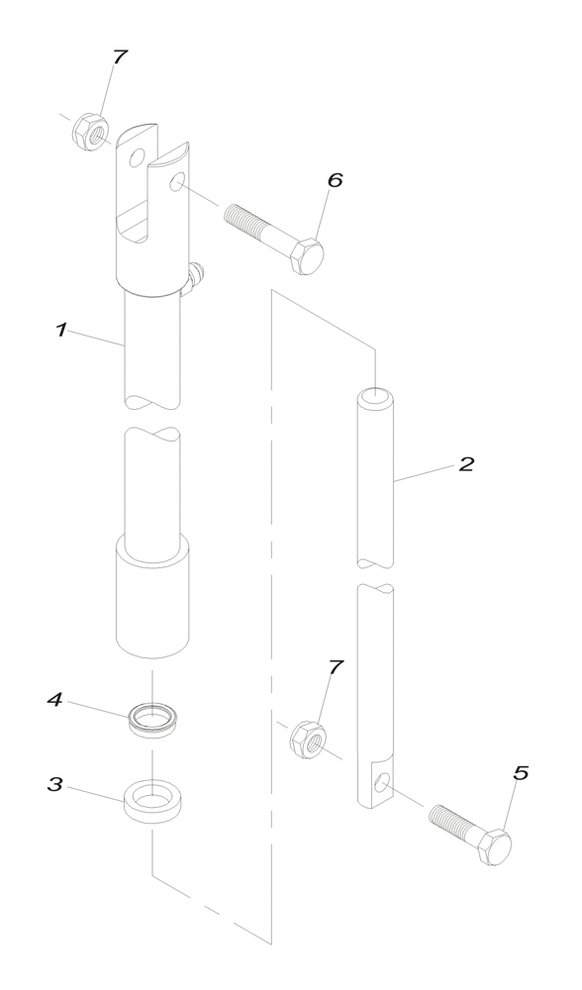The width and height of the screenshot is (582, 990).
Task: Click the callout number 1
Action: point(61,330)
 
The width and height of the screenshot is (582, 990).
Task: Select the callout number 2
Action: point(466,463)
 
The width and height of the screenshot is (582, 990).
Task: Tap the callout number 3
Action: point(55,784)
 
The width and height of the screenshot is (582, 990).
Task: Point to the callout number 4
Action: point(55,700)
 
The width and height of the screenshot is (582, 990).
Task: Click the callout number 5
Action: point(522,773)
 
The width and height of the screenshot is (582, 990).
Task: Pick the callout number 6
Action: point(335,180)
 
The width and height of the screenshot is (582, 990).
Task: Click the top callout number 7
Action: point(121,57)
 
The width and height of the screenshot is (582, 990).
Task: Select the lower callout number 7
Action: point(336,667)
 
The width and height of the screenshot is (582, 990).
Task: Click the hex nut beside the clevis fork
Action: point(91,132)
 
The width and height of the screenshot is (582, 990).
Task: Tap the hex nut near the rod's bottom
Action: point(307,739)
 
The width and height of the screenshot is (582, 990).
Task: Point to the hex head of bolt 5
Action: point(494,846)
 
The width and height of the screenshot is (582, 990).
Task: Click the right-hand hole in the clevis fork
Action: point(176,182)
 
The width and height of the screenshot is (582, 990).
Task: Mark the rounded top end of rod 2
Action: point(374,397)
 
